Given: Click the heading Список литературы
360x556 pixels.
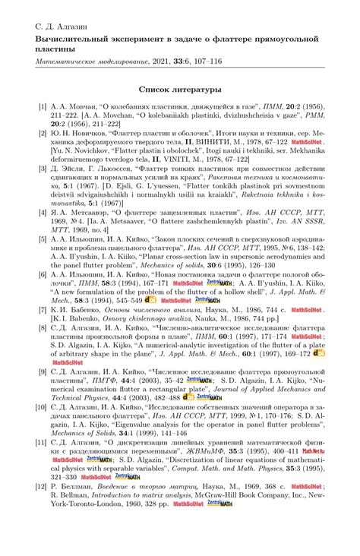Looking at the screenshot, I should click(179, 89).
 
